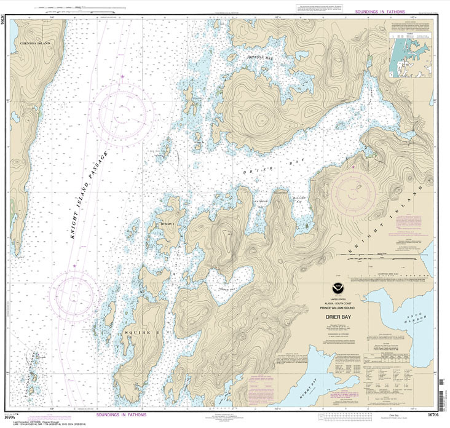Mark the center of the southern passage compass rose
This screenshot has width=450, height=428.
[75, 294]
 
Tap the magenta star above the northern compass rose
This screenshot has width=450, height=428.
[122, 76]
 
